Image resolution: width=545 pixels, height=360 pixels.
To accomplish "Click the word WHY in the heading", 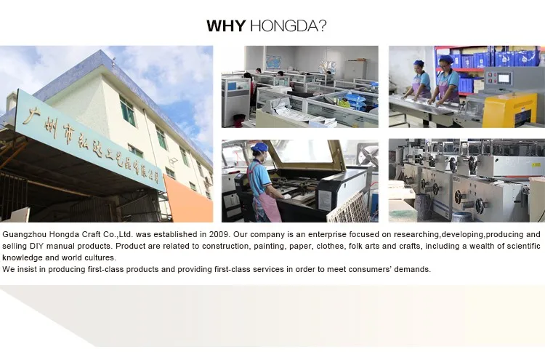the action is coord(226,26).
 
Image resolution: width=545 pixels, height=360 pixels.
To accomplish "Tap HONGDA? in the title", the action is coord(288,26).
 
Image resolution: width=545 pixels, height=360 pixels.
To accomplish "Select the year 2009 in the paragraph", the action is coord(219,234).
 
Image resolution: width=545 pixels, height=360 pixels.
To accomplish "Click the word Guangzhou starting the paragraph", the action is coord(24,235).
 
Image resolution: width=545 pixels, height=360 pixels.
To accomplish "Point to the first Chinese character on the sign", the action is coord(31,116).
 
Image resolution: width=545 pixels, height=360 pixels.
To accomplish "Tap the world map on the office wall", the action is coord(273,63).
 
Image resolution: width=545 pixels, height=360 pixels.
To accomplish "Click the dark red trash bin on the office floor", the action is coord(239,121).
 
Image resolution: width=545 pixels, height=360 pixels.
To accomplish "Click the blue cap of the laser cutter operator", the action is coord(259,147).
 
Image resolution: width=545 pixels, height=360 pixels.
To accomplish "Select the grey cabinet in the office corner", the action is coord(355,69).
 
